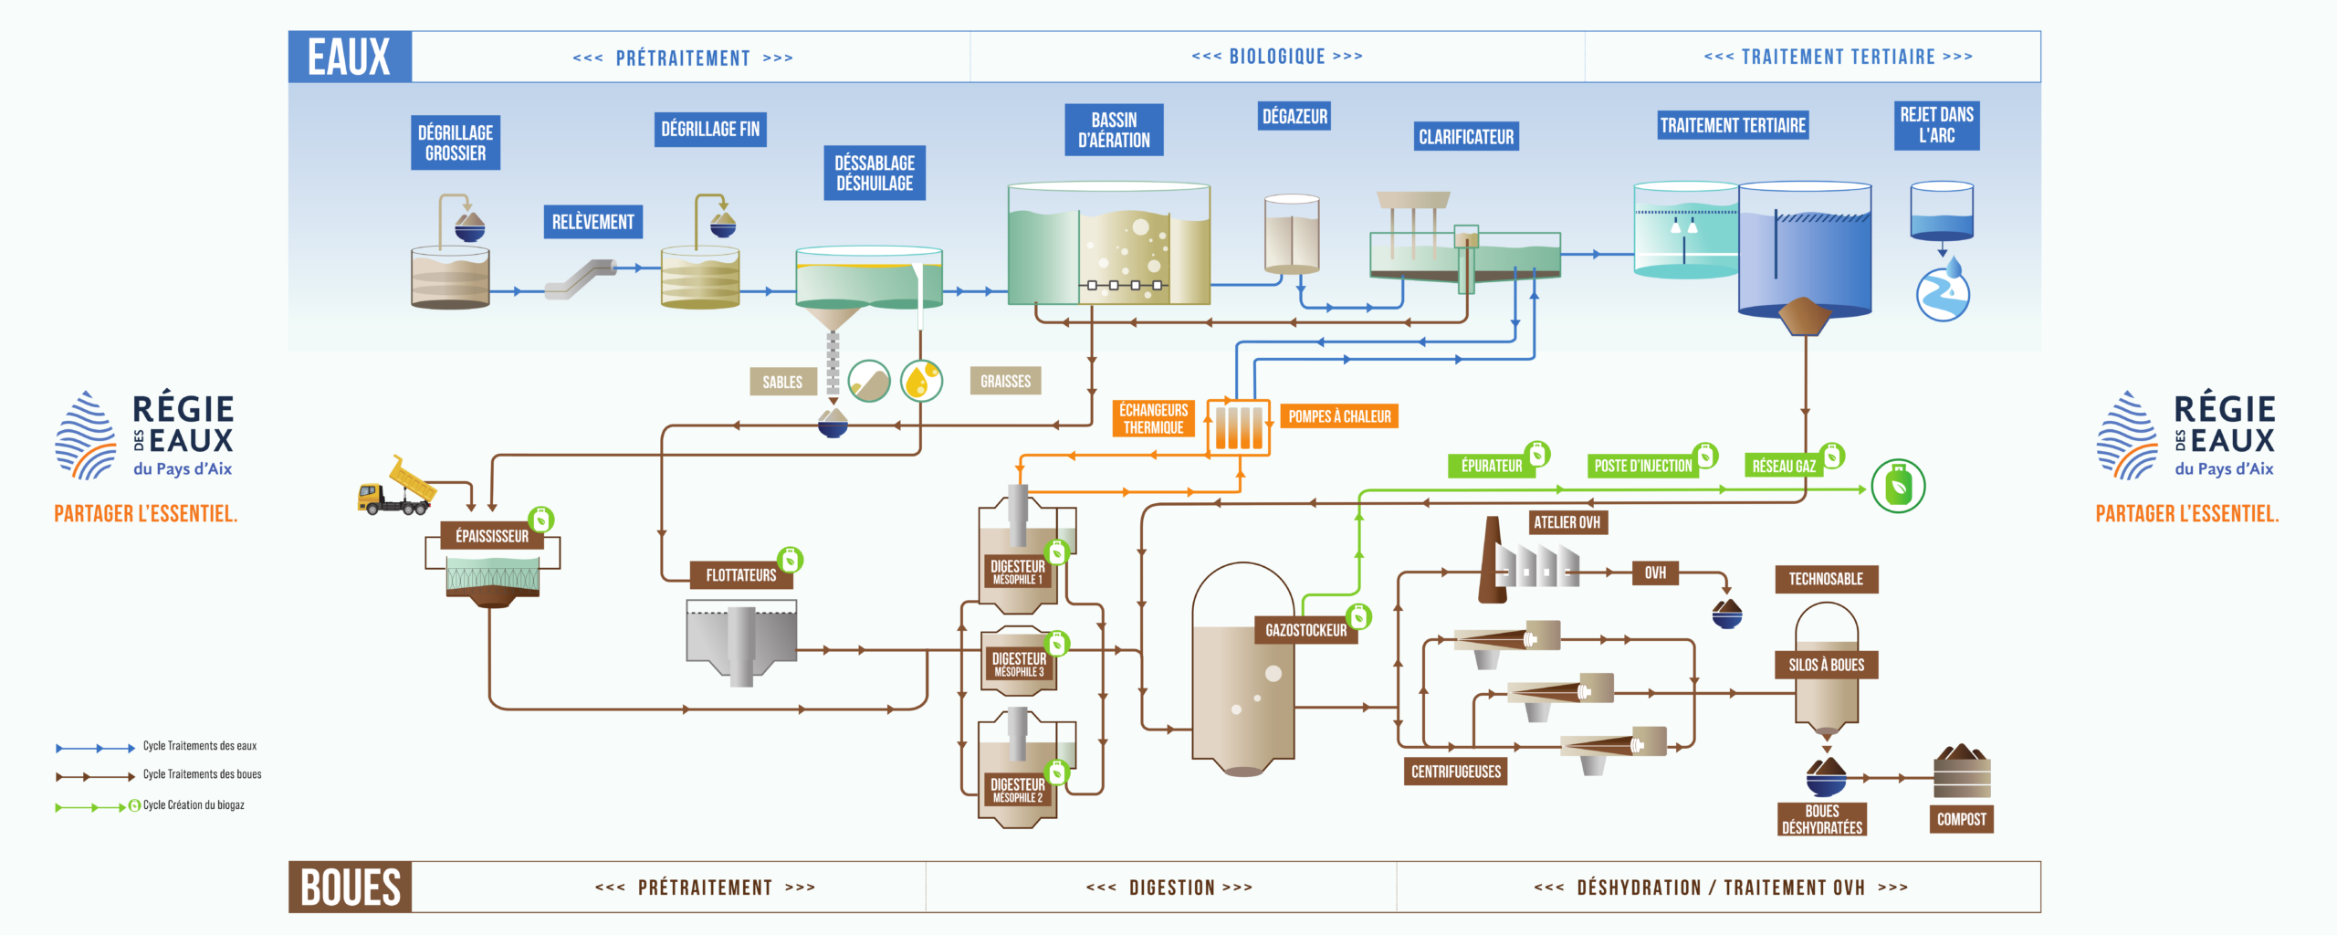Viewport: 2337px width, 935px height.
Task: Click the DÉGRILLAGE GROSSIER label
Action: point(456,142)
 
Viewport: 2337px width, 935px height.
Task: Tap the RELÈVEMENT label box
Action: point(593,222)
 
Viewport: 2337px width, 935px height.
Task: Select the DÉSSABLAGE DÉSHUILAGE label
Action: point(875,173)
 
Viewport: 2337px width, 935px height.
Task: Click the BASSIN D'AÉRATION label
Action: point(1114,130)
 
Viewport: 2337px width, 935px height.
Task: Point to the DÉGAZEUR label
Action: point(1294,116)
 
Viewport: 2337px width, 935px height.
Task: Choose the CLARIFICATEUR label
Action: point(1466,137)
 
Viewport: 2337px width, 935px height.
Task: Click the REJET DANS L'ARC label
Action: point(1936,125)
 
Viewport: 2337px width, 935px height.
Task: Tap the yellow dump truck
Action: point(397,487)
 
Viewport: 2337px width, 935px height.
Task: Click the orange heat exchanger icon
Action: point(1239,426)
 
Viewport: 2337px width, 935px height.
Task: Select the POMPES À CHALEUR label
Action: point(1339,416)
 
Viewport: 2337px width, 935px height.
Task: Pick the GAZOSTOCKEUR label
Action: point(1305,630)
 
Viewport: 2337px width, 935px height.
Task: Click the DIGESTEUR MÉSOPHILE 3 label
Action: point(1019,664)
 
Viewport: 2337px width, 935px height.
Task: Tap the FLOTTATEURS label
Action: point(740,575)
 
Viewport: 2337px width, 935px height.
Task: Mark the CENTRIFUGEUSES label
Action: point(1456,772)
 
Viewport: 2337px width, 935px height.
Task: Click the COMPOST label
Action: point(1962,819)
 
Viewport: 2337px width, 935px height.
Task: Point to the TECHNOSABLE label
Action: point(1826,579)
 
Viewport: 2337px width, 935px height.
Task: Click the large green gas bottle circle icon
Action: point(1898,486)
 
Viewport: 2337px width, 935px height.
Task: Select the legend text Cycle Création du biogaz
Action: point(194,805)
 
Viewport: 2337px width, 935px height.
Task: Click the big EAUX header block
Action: point(350,57)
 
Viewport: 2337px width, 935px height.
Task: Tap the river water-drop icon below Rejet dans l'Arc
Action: point(1943,291)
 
